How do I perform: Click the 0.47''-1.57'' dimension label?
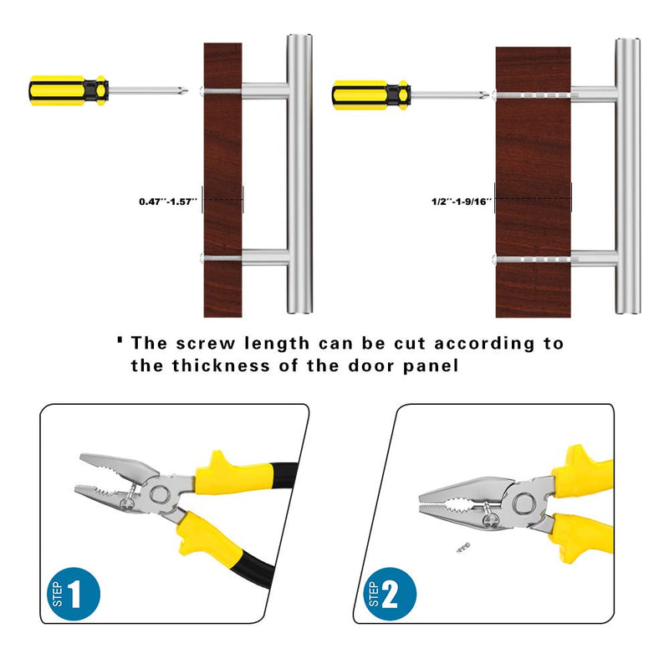tap(168, 202)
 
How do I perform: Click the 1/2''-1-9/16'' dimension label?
tap(462, 202)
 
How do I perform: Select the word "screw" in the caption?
tap(206, 344)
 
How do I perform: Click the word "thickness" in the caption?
tap(221, 365)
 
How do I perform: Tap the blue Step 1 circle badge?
tap(74, 594)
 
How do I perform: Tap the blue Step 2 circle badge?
tap(390, 594)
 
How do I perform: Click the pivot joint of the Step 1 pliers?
tap(159, 494)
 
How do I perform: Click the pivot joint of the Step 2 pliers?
tap(524, 503)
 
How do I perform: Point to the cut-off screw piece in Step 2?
tap(463, 547)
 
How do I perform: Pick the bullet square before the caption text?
tap(120, 340)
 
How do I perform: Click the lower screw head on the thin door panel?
tap(202, 258)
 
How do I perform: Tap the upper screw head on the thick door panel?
tap(494, 95)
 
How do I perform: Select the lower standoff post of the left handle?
tap(265, 258)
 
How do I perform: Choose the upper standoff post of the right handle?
tap(594, 94)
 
